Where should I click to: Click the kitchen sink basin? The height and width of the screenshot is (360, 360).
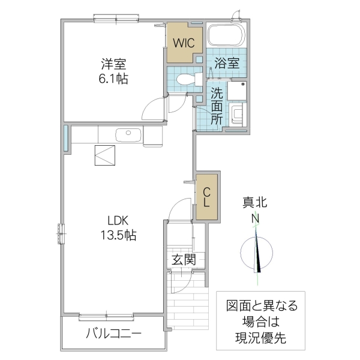127,134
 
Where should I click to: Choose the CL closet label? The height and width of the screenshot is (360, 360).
206,197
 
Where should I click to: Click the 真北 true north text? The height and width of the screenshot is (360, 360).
256,204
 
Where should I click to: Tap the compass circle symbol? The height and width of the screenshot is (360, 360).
256,253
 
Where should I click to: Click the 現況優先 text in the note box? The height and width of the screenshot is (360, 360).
260,337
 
